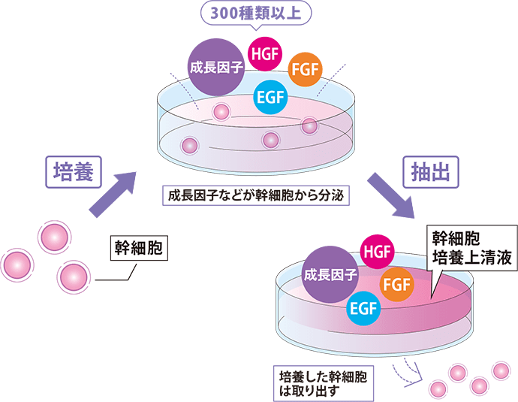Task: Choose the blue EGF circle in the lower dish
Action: [362, 308]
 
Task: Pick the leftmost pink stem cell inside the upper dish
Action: [190, 144]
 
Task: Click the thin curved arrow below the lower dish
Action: [411, 373]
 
